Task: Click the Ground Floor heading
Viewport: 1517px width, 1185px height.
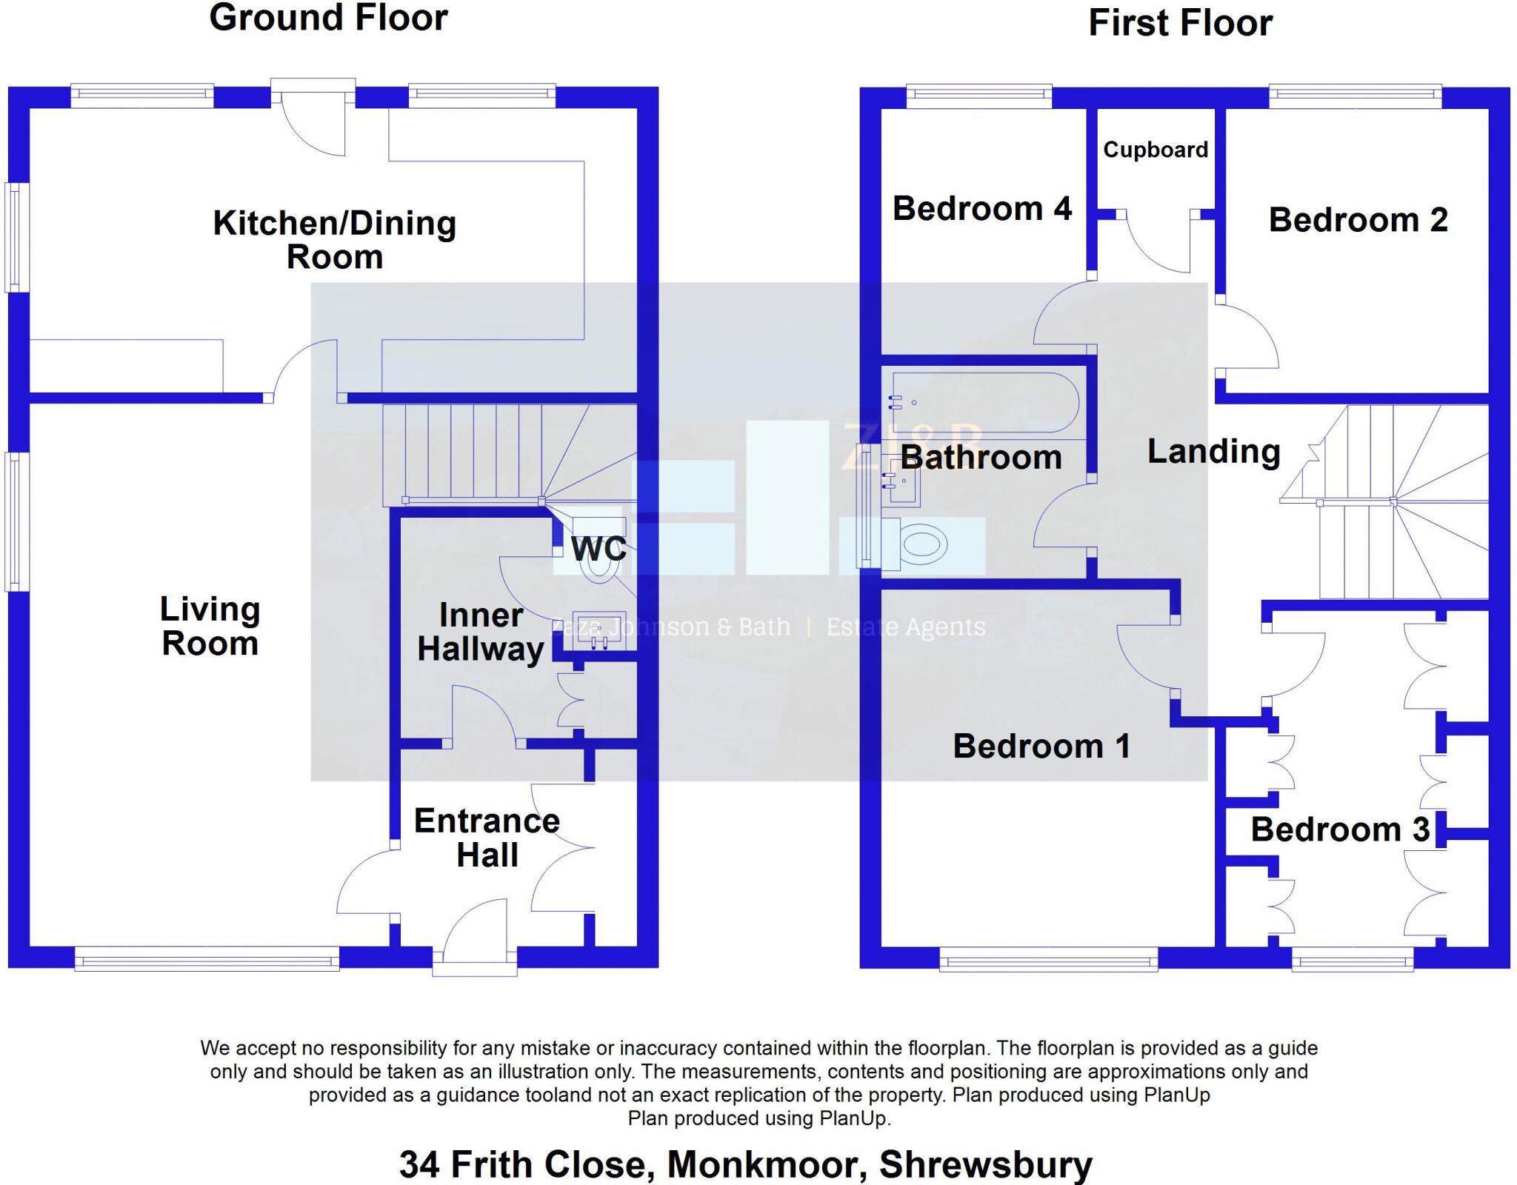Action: [328, 18]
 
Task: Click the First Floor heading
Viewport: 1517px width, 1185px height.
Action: [1180, 23]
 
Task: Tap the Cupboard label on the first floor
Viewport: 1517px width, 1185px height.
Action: [1155, 150]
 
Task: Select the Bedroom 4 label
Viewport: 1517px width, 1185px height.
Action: [981, 208]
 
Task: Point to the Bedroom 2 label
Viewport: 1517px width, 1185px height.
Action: [1358, 220]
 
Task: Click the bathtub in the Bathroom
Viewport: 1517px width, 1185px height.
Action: [985, 403]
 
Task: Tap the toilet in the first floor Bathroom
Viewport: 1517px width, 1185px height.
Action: [918, 544]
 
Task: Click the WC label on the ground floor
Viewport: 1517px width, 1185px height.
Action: [599, 549]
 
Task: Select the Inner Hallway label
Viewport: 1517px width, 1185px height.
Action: [481, 632]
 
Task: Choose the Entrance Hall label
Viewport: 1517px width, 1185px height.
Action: [487, 838]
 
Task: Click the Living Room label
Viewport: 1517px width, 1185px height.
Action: [210, 626]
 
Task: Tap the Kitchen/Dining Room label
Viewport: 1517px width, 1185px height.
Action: [334, 240]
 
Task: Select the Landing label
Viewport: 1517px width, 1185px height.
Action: [1213, 451]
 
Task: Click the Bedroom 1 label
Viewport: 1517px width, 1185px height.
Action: [1041, 746]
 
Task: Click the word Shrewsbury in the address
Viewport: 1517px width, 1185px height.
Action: [985, 1164]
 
